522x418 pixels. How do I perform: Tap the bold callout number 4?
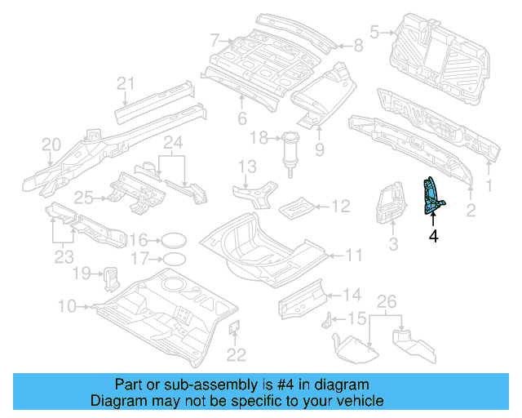[433, 236]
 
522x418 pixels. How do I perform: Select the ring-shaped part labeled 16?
[172, 240]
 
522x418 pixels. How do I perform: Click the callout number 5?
[374, 33]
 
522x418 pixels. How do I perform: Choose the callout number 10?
[67, 306]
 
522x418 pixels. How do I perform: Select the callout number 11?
[352, 256]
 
